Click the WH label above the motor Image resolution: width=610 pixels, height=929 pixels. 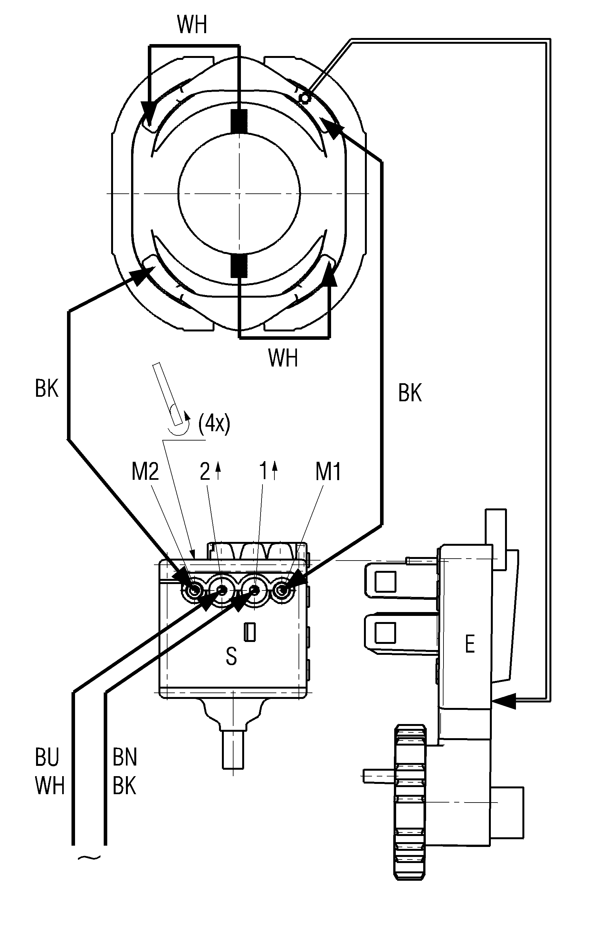pos(192,25)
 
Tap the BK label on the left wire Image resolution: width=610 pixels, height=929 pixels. pos(47,389)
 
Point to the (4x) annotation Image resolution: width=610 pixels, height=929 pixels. pos(214,423)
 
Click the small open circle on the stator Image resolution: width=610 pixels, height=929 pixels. pos(304,97)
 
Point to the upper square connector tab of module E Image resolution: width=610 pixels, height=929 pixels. pos(385,581)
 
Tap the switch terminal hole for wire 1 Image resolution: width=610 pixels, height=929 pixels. pos(254,590)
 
